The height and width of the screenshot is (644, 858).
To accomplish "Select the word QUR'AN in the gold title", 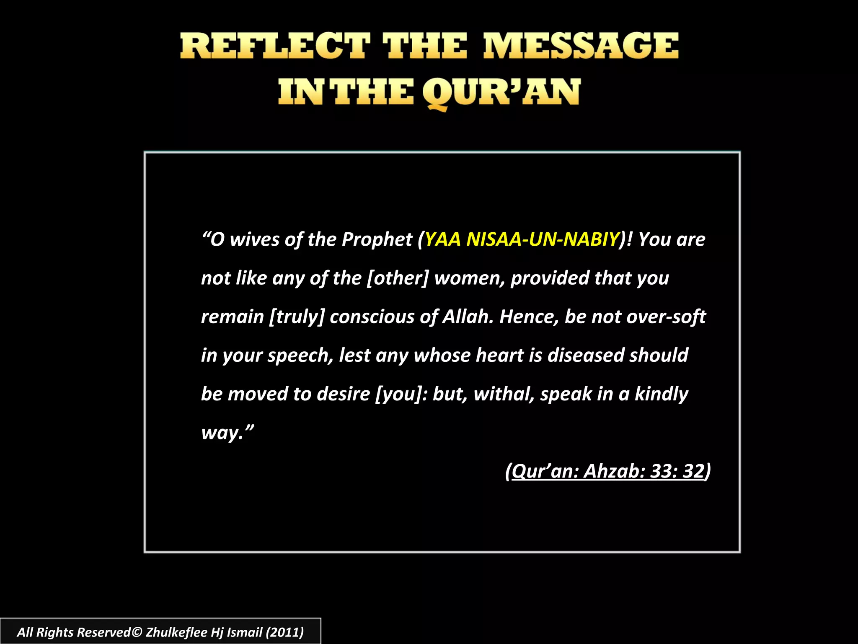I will (501, 93).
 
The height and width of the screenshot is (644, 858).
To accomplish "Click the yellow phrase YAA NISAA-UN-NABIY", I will (522, 239).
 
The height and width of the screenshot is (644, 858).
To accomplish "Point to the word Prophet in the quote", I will (377, 239).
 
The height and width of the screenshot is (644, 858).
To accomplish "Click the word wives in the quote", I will (254, 239).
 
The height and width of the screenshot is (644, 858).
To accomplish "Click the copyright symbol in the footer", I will (137, 632).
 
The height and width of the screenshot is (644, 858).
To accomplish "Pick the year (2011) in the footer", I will (284, 632).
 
